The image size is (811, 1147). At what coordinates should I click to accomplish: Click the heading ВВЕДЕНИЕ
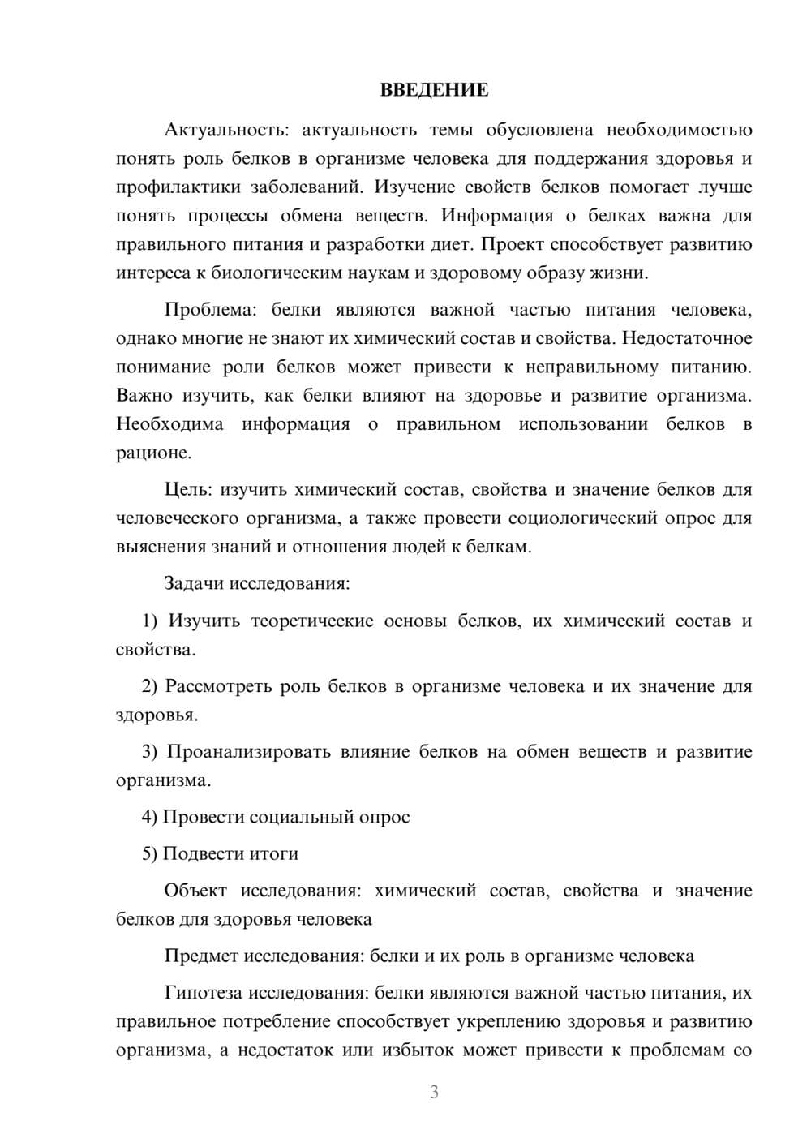click(434, 90)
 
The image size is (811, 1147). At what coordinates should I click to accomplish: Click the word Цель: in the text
click(188, 489)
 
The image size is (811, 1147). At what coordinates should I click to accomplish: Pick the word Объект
click(196, 891)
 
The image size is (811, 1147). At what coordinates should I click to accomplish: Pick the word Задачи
click(194, 583)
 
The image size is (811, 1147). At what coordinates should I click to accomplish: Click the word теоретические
click(311, 621)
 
